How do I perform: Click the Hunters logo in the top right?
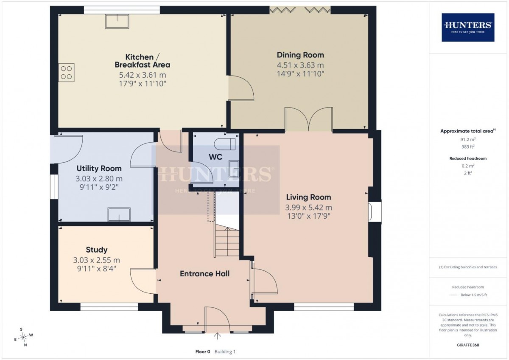pos(468,28)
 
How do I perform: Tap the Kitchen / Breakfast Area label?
pos(143,61)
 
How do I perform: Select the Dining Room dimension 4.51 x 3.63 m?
pos(300,65)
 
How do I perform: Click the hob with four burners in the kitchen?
pos(66,73)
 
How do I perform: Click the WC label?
pos(215,157)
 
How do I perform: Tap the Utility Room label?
pos(99,169)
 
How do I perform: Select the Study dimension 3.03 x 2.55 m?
pos(96,260)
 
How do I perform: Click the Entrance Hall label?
pos(205,274)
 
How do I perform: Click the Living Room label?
pos(309,197)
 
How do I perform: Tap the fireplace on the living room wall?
pos(375,212)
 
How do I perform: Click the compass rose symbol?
pos(23,337)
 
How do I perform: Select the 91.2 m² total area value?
pos(468,139)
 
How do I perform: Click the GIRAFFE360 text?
pos(468,345)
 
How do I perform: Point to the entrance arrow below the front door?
pos(218,336)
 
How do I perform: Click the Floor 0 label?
pos(203,352)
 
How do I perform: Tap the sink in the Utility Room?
pos(119,214)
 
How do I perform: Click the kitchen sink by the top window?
pos(117,21)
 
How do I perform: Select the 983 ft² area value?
pos(468,147)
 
